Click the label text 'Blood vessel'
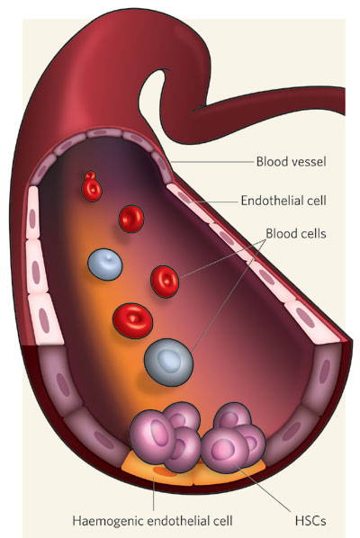coord(291,161)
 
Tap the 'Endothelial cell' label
coord(283,201)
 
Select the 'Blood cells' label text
coord(296,233)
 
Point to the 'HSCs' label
coord(310,520)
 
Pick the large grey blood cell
coord(168,363)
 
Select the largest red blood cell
coord(133,320)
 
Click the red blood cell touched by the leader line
coord(165,282)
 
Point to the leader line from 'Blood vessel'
coord(211,161)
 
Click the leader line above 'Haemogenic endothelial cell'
coord(153,495)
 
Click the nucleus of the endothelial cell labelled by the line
coord(184,197)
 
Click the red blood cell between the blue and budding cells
coord(131,219)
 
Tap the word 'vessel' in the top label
coord(307,161)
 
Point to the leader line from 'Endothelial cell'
coord(213,202)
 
